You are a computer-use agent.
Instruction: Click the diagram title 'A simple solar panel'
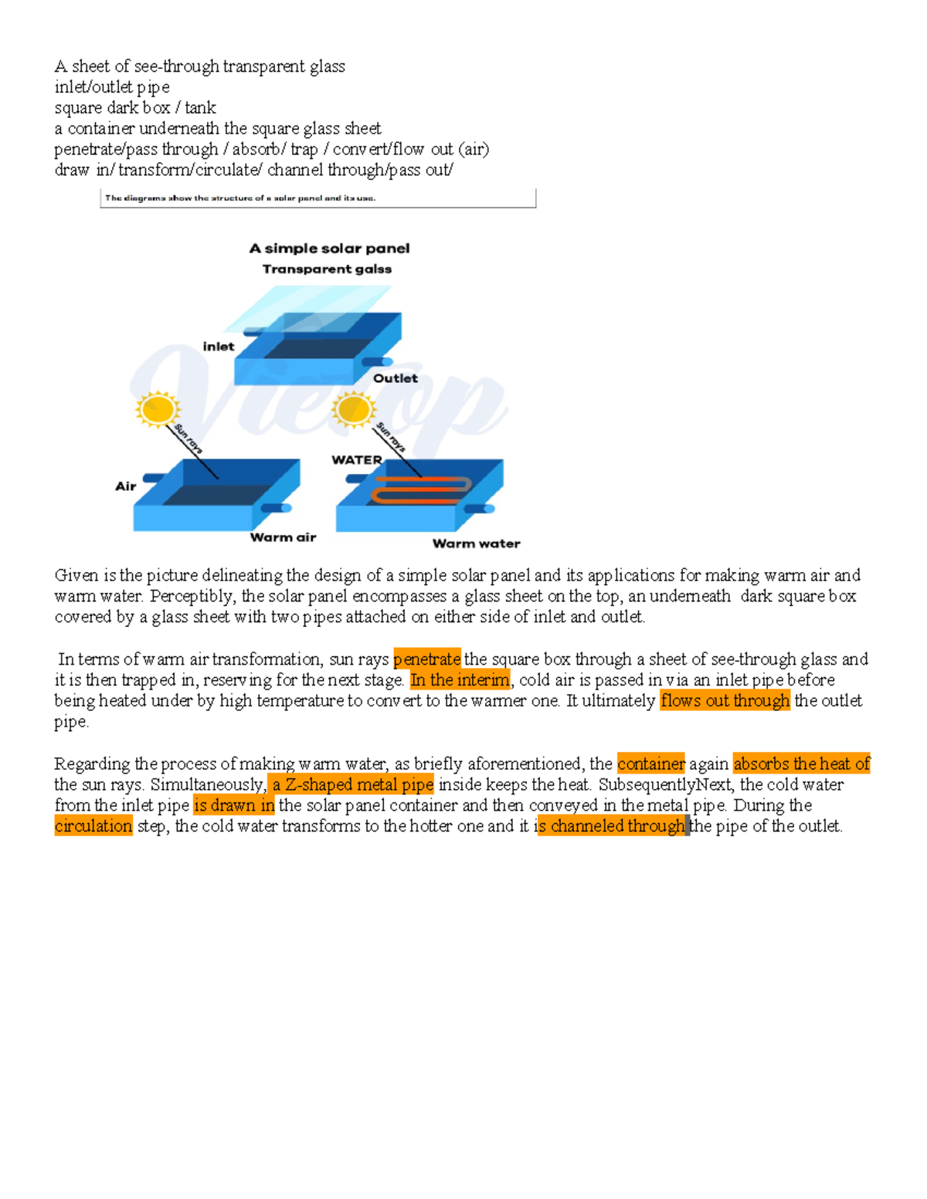329,249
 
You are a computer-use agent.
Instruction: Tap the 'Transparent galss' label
327,269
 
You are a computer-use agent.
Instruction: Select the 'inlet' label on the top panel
219,347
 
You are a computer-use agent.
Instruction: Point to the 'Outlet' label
395,378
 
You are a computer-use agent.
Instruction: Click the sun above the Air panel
158,409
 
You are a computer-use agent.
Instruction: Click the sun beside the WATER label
353,409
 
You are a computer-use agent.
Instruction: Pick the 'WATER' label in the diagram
356,460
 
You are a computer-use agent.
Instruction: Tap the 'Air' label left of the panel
125,486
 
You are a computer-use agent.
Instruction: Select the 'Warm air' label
283,537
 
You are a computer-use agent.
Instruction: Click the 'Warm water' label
476,544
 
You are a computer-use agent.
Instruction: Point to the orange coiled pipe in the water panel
422,489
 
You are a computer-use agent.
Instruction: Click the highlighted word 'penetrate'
426,659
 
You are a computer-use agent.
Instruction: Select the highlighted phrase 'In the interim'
460,680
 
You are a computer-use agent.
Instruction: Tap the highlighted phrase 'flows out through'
725,701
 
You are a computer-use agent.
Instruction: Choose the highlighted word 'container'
650,764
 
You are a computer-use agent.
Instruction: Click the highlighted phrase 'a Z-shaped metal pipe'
351,784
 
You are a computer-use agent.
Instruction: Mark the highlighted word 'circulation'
93,826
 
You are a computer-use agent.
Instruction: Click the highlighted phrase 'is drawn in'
233,805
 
